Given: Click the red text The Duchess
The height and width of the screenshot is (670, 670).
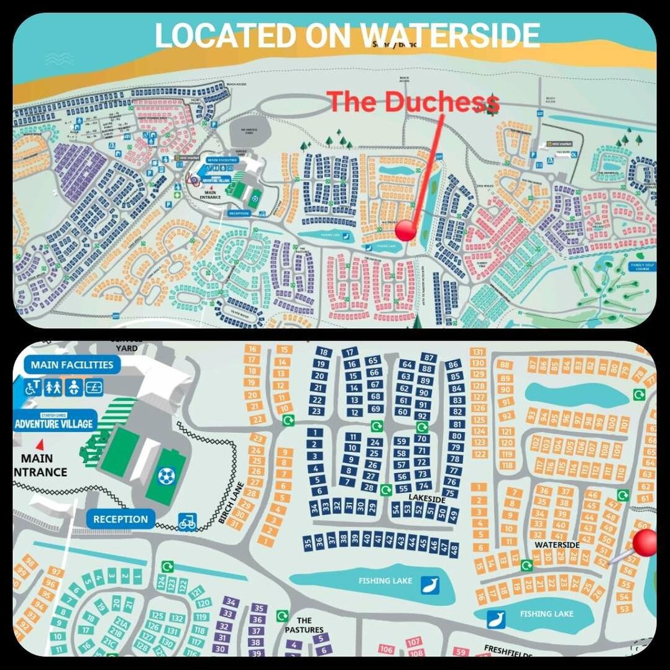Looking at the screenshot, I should click(413, 103).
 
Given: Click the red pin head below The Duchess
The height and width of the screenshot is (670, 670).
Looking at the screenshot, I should click(406, 230).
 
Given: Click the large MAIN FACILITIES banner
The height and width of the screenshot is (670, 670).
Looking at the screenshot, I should click(72, 365).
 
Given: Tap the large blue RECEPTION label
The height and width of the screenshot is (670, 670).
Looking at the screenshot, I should click(121, 519).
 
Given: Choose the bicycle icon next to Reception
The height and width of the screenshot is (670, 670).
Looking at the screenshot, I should click(188, 521).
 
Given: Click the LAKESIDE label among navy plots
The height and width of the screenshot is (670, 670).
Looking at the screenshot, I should click(427, 498).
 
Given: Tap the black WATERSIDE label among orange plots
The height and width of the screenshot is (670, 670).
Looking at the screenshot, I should click(557, 545).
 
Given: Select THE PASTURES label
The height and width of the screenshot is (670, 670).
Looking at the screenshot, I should click(305, 625).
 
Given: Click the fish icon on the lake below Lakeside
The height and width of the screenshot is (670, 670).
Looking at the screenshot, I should click(429, 584).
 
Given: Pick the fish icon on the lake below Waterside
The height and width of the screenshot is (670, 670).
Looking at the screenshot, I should click(495, 619).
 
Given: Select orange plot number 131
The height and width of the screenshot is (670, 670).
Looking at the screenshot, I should click(478, 352).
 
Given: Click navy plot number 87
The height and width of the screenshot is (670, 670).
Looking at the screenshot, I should click(428, 357).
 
